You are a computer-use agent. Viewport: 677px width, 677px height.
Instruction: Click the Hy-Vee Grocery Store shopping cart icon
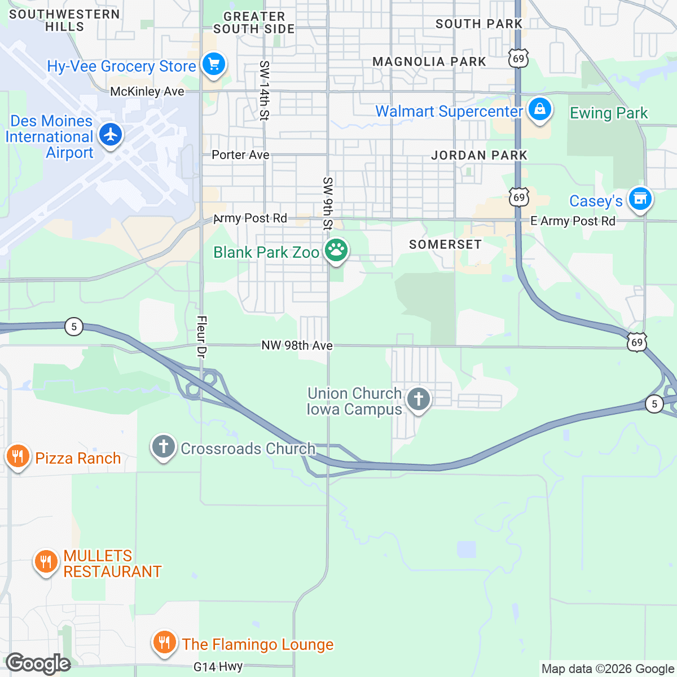click(x=213, y=64)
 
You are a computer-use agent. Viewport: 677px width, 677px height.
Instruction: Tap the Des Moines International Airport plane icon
click(x=111, y=134)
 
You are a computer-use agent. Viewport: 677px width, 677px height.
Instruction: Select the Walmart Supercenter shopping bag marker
click(x=539, y=109)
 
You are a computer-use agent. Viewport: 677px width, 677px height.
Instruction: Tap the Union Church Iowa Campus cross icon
click(x=418, y=399)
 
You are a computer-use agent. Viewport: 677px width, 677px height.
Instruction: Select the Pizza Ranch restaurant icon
click(x=17, y=456)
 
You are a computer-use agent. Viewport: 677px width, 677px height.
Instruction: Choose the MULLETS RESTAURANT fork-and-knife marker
click(x=46, y=561)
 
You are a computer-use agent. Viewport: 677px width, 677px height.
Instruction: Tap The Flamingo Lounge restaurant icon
click(x=164, y=642)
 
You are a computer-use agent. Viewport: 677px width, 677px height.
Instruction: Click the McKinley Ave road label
click(x=147, y=91)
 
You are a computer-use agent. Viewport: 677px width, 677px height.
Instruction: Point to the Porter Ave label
click(x=240, y=155)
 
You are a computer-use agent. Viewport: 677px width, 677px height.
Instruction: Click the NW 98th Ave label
click(x=297, y=345)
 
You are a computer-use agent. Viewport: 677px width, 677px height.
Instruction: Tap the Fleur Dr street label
click(x=201, y=337)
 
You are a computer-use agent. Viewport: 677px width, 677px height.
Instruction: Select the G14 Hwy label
click(x=218, y=667)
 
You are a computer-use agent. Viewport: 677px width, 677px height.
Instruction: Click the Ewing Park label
click(x=609, y=113)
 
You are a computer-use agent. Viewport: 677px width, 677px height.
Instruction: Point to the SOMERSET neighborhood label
click(x=445, y=244)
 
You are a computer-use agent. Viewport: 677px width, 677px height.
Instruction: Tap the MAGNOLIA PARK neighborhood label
click(x=429, y=61)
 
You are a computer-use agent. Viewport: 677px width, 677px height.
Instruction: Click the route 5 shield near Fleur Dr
click(x=74, y=326)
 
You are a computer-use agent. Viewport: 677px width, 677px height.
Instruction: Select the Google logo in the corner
click(x=38, y=663)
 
